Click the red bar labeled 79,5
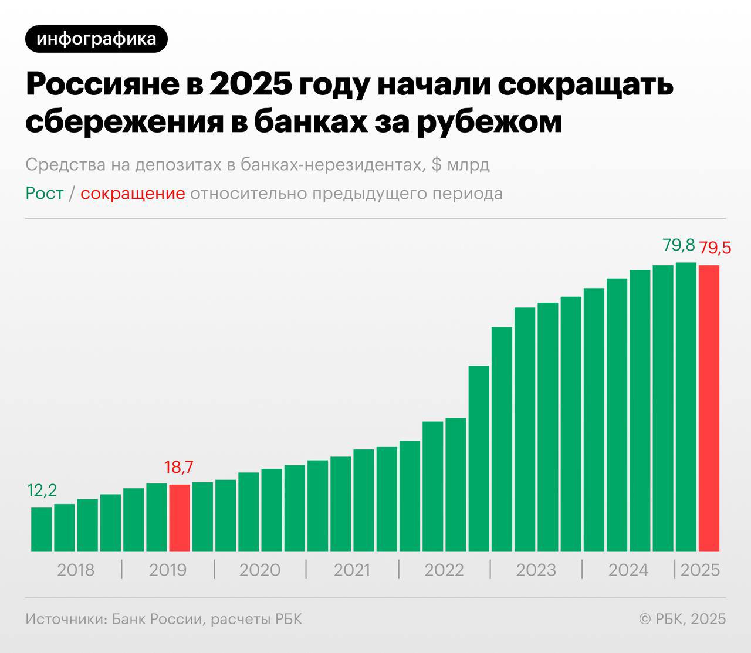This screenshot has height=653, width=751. coord(709,408)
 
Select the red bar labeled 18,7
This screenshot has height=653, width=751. coord(180,517)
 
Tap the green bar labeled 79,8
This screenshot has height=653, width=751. coord(686,407)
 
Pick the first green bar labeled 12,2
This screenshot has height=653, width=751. coord(41,529)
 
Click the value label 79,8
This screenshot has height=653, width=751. coord(679,245)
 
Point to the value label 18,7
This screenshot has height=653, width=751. coord(179,468)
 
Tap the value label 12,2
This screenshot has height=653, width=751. coord(42,490)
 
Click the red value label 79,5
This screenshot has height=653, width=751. coord(715,248)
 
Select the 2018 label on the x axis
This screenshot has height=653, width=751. coord(75,570)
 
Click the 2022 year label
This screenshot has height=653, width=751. coord(444,570)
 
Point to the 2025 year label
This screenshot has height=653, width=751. coord(700,570)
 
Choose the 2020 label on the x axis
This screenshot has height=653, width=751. coord(259,570)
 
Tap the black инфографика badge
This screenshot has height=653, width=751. coord(96,39)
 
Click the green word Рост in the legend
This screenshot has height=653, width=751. coord(45,194)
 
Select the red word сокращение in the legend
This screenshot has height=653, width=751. coord(133,194)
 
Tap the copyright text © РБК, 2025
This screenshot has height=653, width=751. coord(682,618)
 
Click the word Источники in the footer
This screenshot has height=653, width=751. coord(63,618)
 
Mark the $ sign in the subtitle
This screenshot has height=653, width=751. coord(437,165)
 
